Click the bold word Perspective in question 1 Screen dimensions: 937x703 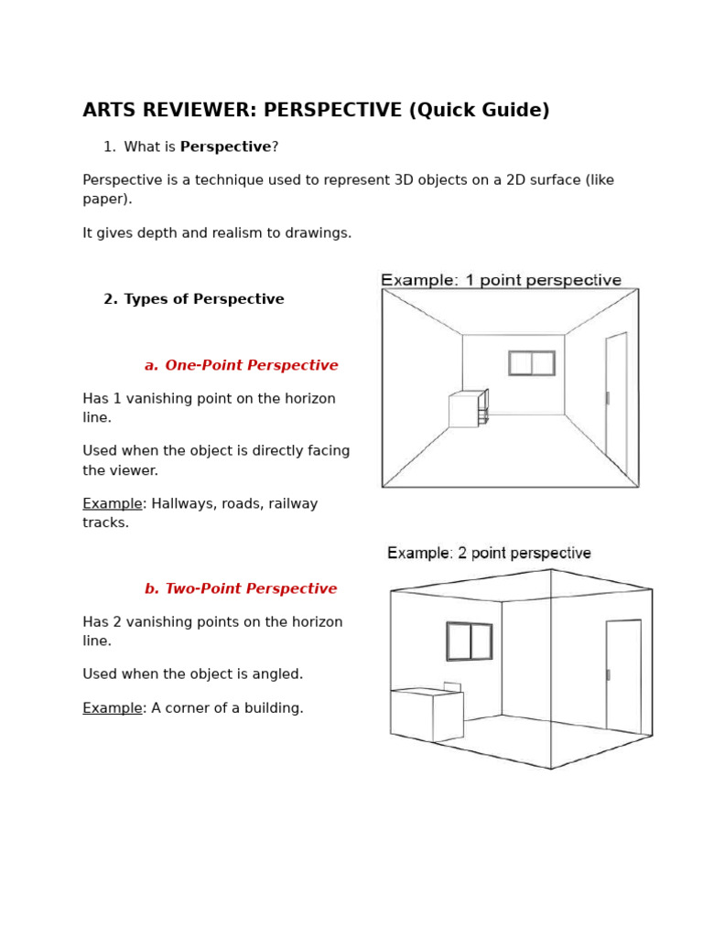point(225,147)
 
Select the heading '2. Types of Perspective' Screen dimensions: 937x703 point(193,299)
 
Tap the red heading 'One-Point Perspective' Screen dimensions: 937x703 point(251,366)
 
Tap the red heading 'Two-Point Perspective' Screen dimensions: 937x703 point(251,589)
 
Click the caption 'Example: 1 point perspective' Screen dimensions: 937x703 point(501,280)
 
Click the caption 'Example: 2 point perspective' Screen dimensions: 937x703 point(489,554)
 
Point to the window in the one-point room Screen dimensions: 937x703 point(532,363)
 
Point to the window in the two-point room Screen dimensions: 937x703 point(470,641)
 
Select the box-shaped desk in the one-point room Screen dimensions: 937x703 point(464,411)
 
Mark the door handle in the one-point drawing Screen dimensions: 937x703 point(608,398)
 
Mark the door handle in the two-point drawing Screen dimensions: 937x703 point(609,674)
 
